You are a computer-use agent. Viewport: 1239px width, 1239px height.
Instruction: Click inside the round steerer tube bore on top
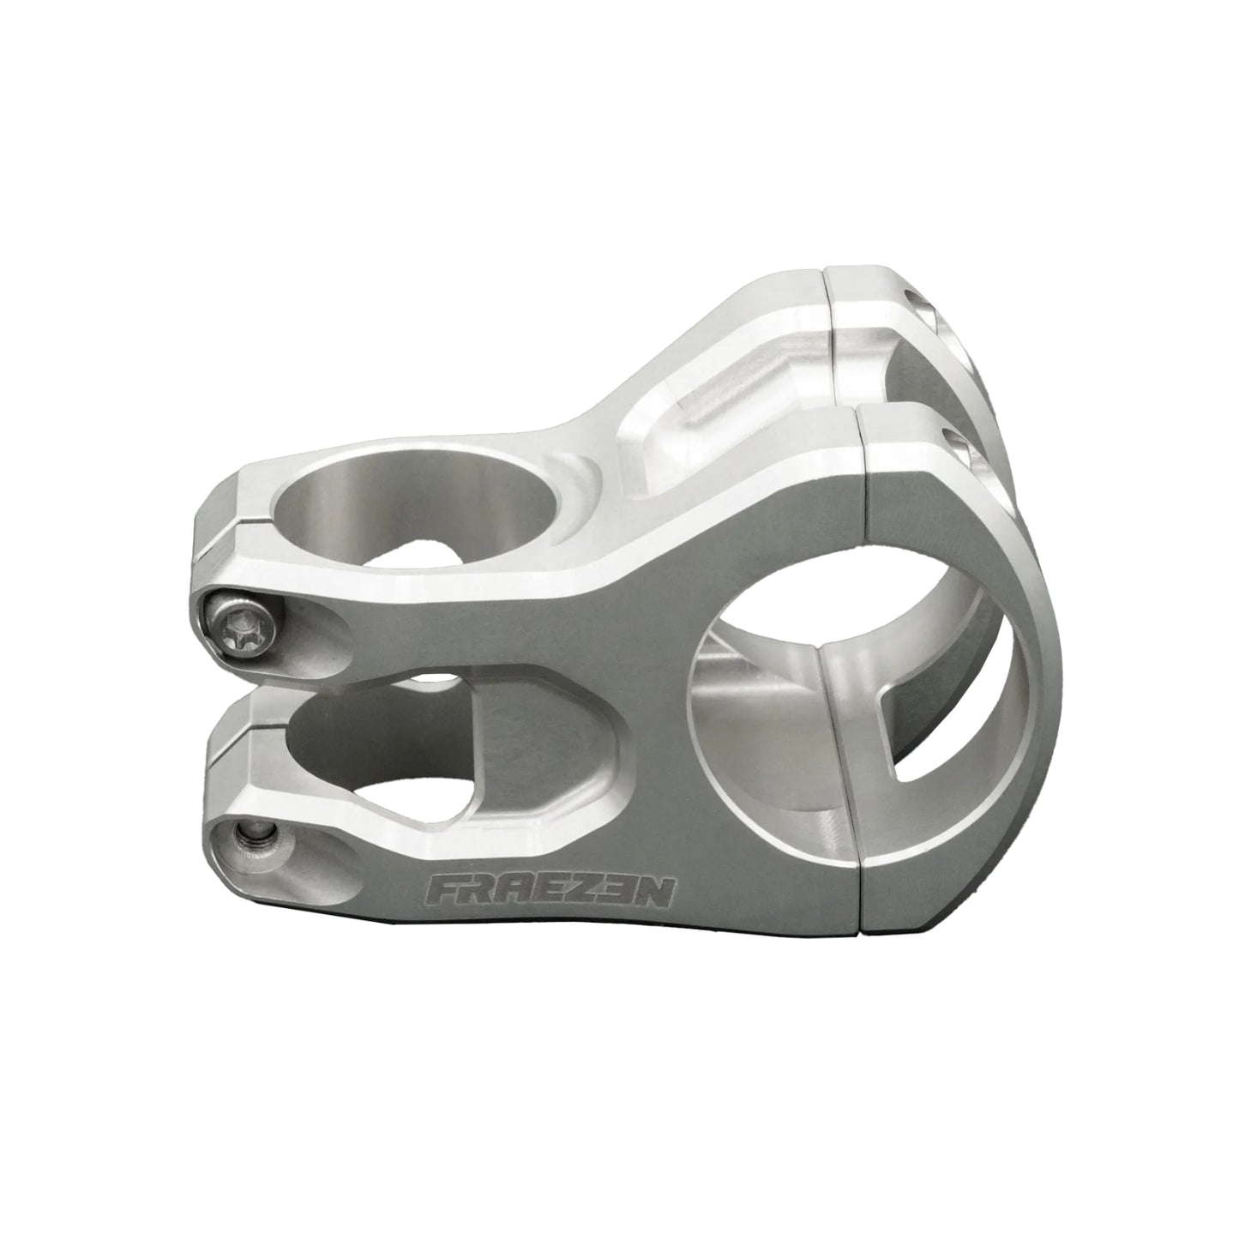coord(415,508)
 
